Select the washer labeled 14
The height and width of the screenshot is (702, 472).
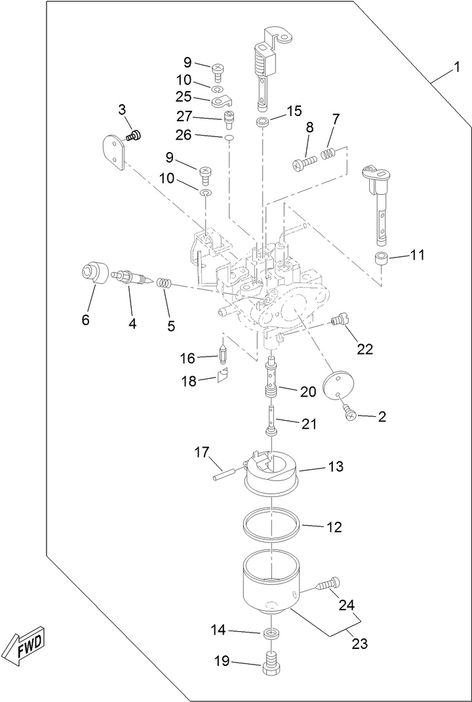tap(270, 634)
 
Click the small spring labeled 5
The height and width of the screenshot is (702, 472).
tap(166, 285)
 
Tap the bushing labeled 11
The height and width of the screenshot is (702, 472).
tap(381, 258)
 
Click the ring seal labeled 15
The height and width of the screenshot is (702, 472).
tap(262, 123)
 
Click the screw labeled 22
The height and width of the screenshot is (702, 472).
tap(340, 321)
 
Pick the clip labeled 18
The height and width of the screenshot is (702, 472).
tap(222, 376)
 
